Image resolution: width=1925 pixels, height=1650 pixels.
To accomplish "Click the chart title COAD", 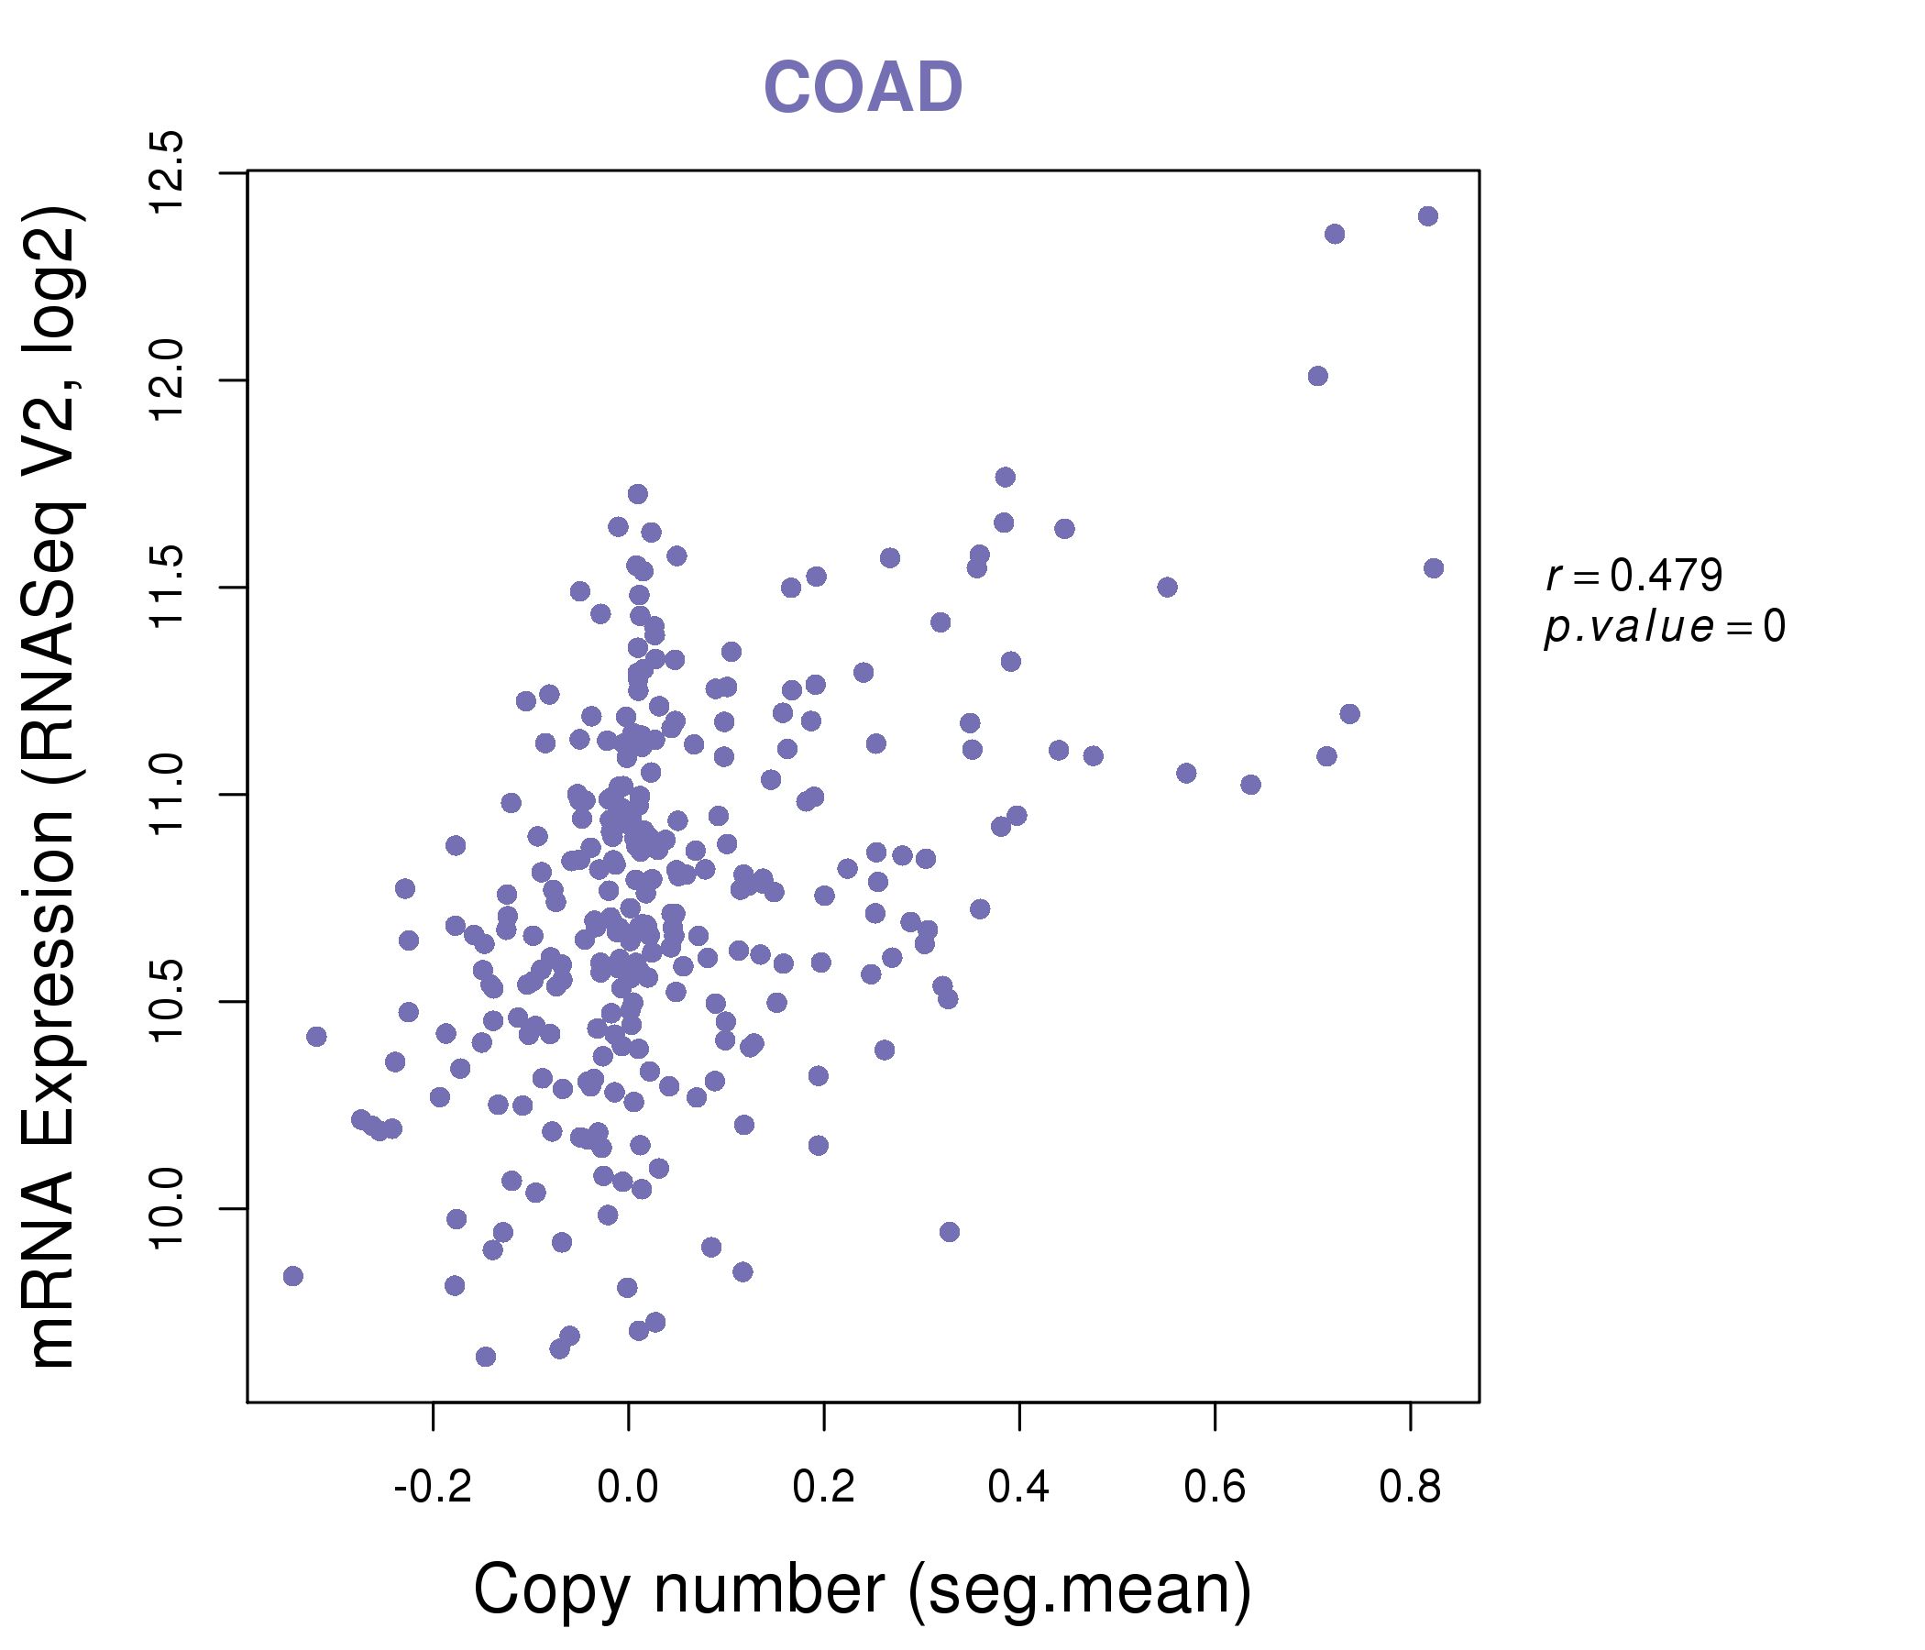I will pyautogui.click(x=863, y=87).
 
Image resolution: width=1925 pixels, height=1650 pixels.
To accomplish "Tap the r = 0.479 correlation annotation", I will pyautogui.click(x=1634, y=576).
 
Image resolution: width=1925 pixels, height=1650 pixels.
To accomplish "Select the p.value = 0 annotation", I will pyautogui.click(x=1664, y=627).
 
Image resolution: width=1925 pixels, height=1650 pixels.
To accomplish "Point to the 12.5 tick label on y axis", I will pyautogui.click(x=168, y=173).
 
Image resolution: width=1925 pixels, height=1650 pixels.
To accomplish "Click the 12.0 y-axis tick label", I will pyautogui.click(x=168, y=380).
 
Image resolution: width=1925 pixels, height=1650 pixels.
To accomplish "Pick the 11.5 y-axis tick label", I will pyautogui.click(x=168, y=588).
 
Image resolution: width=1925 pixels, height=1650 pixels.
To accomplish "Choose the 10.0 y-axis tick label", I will pyautogui.click(x=168, y=1209).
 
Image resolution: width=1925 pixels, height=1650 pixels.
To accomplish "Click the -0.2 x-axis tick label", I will pyautogui.click(x=433, y=1488).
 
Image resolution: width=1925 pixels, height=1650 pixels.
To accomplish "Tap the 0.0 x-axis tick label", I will pyautogui.click(x=628, y=1488).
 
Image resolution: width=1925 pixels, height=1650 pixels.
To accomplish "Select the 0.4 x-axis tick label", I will pyautogui.click(x=1019, y=1488).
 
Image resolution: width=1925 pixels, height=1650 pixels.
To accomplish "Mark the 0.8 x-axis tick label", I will pyautogui.click(x=1411, y=1488).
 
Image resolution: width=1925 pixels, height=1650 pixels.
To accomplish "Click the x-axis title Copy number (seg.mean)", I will pyautogui.click(x=863, y=1590).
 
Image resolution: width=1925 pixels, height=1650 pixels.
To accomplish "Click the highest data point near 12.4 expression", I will pyautogui.click(x=1428, y=216).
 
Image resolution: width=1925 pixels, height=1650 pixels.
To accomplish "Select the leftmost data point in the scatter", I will pyautogui.click(x=292, y=1276).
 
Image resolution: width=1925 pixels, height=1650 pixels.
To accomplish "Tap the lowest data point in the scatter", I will pyautogui.click(x=485, y=1357).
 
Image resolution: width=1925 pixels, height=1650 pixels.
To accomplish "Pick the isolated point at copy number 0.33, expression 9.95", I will pyautogui.click(x=949, y=1232).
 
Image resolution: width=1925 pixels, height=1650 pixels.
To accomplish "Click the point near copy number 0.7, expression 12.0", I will pyautogui.click(x=1317, y=376).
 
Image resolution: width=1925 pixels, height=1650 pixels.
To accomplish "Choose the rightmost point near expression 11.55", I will pyautogui.click(x=1434, y=568).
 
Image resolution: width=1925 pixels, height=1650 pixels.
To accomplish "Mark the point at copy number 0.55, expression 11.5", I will pyautogui.click(x=1167, y=588).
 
